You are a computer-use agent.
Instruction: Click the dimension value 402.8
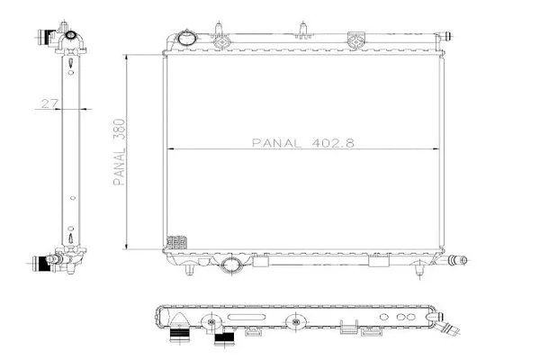[333, 142]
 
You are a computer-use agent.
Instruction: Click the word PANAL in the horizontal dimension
[276, 143]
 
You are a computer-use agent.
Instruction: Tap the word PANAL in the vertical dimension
[119, 167]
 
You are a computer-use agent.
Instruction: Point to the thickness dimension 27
[50, 103]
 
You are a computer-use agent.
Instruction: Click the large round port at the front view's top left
[186, 38]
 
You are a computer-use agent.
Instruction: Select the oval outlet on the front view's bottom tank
[230, 265]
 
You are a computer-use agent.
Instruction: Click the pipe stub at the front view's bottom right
[458, 260]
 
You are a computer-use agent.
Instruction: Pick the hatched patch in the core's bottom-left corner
[177, 242]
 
